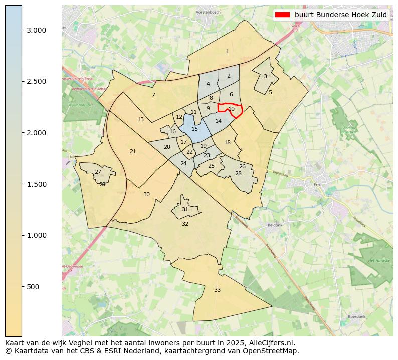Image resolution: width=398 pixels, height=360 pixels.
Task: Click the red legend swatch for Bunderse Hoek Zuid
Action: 283,15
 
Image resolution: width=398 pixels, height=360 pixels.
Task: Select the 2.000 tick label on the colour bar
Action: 37,133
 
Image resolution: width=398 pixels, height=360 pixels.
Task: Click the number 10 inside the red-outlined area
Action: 231,109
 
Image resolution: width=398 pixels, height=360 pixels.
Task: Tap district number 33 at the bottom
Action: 217,290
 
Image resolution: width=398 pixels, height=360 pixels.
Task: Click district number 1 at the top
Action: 227,51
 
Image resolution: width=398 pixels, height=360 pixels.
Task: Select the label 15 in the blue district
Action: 194,129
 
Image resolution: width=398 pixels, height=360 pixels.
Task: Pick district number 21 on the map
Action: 133,151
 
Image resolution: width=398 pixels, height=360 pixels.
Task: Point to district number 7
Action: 153,95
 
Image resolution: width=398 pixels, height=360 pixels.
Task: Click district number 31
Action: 185,209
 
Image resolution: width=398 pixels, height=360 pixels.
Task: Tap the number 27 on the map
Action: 98,172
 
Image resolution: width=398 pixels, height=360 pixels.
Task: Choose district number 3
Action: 265,76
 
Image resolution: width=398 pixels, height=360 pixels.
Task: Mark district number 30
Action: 146,194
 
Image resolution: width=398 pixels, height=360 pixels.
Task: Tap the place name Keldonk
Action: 275,225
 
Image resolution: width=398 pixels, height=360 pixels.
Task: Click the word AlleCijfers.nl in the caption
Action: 274,343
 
